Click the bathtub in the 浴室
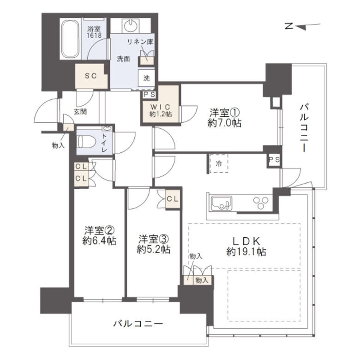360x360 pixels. tap(70, 39)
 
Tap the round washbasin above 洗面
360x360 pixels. tap(131, 25)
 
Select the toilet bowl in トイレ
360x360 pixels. tap(86, 142)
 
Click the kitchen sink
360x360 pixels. tap(222, 203)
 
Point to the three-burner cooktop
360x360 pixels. tap(261, 203)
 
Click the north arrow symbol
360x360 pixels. tap(303, 26)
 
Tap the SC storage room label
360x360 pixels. tap(91, 76)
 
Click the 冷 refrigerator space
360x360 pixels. tap(219, 163)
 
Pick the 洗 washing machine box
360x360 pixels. tap(146, 78)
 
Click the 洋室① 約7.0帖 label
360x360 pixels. tap(224, 118)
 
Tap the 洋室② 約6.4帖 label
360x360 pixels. tap(99, 235)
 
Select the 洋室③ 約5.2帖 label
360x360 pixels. tap(153, 244)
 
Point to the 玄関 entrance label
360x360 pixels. tap(80, 112)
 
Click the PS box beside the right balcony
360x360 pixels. tap(275, 160)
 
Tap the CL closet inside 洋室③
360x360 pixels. tap(173, 199)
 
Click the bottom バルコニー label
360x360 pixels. tap(138, 324)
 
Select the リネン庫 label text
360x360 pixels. tap(140, 42)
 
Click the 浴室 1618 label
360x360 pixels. tap(94, 32)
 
